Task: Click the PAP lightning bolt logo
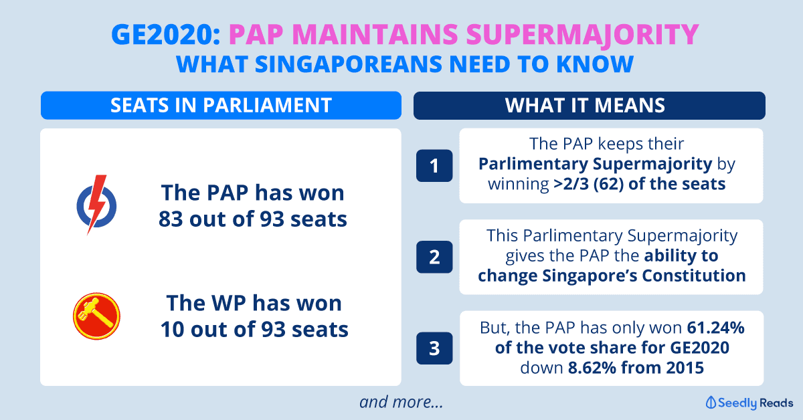click(96, 205)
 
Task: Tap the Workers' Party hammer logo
click(96, 316)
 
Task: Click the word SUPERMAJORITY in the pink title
click(583, 35)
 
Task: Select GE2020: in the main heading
click(166, 34)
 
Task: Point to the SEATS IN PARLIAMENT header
click(221, 106)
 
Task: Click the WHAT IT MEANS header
click(585, 106)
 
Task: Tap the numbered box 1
click(434, 166)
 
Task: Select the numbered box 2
click(434, 257)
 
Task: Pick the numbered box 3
click(434, 348)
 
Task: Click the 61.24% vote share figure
click(715, 328)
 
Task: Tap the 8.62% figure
click(592, 368)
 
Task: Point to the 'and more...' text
click(401, 402)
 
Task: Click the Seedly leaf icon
click(711, 403)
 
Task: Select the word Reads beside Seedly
click(776, 403)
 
